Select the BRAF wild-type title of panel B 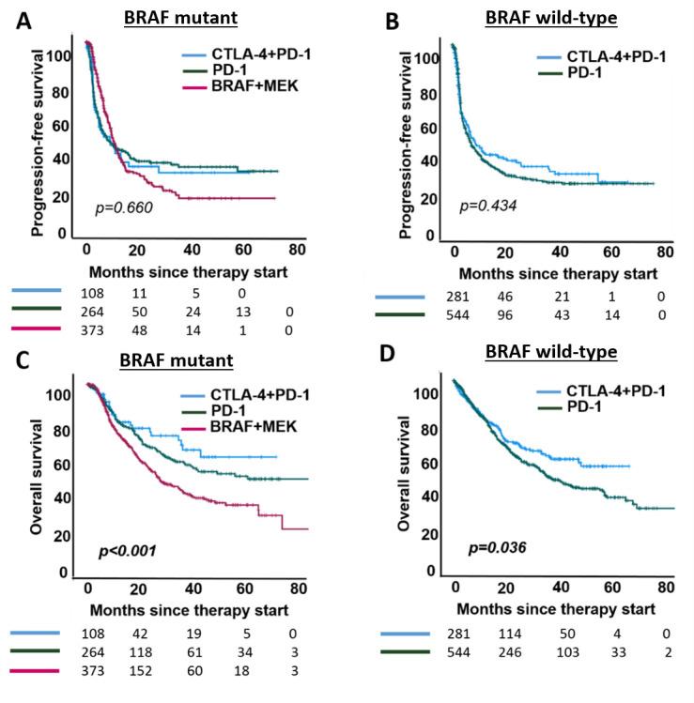pos(541,21)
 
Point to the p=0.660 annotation pos(124,206)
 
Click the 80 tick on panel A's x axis pos(298,251)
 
